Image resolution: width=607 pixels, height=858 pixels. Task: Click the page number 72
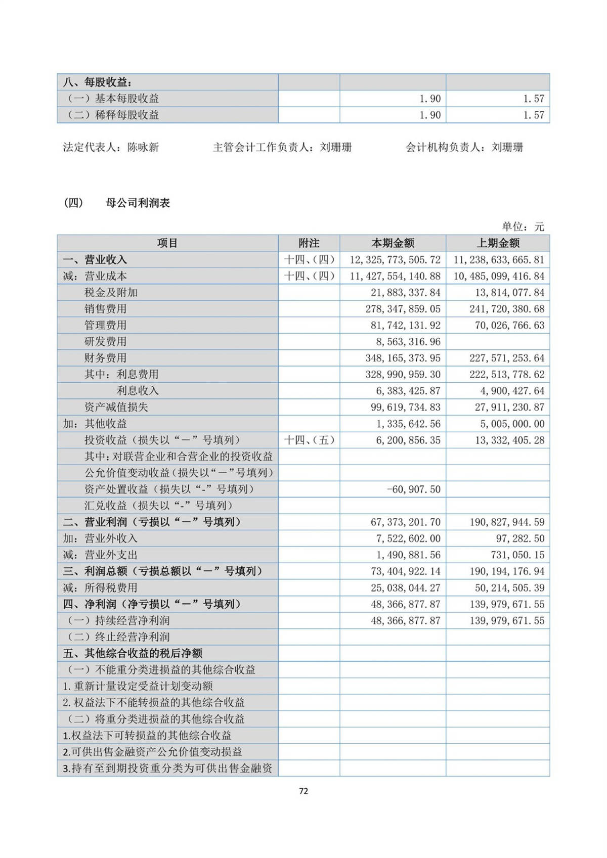(303, 791)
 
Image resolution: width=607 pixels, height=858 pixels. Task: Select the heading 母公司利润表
(138, 203)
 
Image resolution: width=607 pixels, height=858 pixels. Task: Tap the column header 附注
(309, 243)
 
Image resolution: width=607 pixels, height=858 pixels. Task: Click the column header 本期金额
(393, 243)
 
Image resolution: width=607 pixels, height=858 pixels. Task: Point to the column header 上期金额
(498, 243)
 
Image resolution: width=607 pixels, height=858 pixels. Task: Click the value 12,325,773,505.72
(395, 260)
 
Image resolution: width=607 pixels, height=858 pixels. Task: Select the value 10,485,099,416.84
(499, 276)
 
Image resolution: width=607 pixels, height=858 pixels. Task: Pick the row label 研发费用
(105, 341)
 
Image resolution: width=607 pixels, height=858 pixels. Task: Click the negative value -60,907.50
(413, 489)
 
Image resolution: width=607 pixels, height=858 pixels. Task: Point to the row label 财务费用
(105, 358)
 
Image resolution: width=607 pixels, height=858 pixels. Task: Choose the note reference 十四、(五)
(309, 440)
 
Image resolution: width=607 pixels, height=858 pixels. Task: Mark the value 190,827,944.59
(507, 522)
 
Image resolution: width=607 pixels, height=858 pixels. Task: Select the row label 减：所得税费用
(100, 588)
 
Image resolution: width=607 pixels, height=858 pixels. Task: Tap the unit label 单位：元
(523, 227)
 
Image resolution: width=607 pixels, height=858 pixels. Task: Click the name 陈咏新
(143, 148)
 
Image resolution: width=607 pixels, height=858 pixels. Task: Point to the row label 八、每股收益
(98, 82)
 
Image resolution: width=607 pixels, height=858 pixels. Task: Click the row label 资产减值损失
(116, 407)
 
